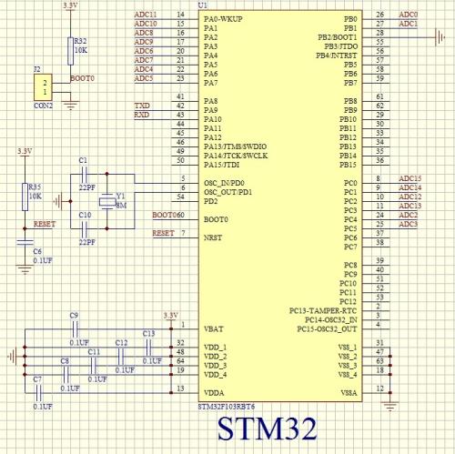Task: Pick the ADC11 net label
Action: [146, 15]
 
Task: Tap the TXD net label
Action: [142, 106]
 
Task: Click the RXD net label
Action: [142, 116]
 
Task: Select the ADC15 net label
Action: [410, 179]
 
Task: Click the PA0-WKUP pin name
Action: [224, 18]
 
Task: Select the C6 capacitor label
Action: [37, 250]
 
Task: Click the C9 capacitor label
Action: [74, 315]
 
